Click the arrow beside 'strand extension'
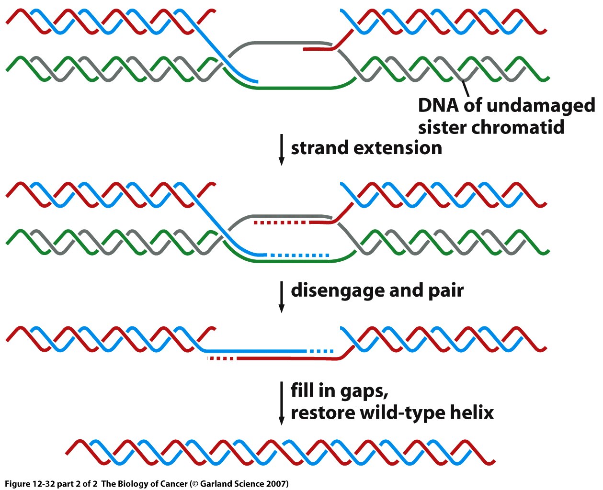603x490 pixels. (282, 150)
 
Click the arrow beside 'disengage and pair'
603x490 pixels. (282, 297)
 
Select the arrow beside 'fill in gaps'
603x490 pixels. (282, 402)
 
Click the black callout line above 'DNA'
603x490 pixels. (465, 89)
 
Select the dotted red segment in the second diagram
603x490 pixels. (282, 223)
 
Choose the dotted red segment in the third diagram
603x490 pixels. (221, 358)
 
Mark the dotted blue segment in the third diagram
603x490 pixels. (321, 352)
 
